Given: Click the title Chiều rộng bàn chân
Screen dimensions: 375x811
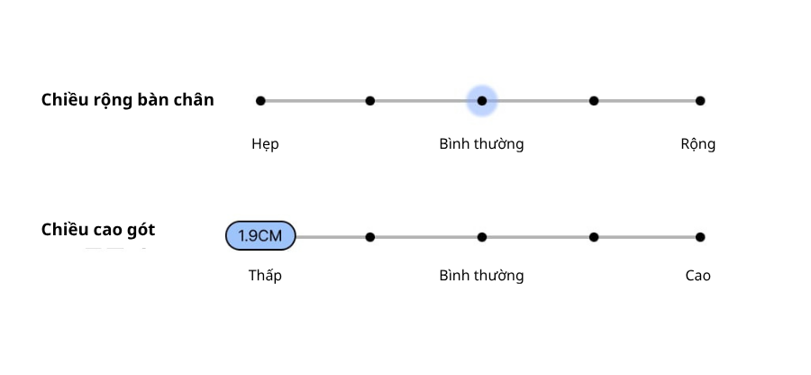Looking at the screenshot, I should pos(127,100).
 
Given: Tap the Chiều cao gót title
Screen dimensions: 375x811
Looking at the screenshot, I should pos(97,230).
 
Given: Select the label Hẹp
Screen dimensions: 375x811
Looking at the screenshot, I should pos(265,144).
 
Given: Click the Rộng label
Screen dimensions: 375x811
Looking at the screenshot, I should pos(697,144).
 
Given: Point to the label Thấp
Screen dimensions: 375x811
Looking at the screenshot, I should pos(265,276).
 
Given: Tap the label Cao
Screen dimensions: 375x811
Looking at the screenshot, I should pos(697,276).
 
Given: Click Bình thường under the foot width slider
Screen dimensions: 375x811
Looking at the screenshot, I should pos(481,144).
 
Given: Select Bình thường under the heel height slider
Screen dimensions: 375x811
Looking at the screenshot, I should pos(481,276).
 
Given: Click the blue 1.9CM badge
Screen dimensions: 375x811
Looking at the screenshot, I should pos(260,236).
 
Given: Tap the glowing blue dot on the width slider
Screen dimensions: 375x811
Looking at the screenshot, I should pos(482,101).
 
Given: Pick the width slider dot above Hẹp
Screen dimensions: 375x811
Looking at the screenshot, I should pos(260,101).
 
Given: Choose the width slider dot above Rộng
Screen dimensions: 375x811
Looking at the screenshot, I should pos(700,101).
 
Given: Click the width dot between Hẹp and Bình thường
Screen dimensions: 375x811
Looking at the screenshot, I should pos(370,101).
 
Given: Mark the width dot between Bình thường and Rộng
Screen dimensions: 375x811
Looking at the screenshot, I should pos(594,101).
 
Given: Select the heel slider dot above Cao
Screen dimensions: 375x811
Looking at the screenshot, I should pos(700,237).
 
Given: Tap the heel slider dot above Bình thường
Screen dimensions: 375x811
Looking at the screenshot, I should pos(482,237).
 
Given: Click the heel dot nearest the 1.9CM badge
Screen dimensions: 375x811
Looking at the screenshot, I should pos(370,237).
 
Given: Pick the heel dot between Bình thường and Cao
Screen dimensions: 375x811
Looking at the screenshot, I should pos(594,237).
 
